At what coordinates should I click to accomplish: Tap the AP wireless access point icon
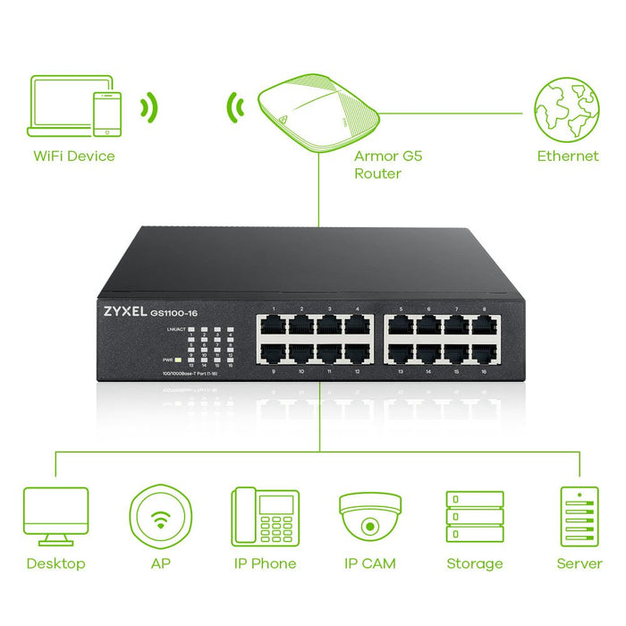pos(161,516)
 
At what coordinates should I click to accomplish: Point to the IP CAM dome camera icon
pos(369,514)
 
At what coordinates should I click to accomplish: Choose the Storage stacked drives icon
pos(474,516)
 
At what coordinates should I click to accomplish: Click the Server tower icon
pos(579,516)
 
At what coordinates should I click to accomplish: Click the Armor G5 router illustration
pos(317,112)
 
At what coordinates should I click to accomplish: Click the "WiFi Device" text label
pos(74,156)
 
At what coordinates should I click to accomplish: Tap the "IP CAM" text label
pos(369,564)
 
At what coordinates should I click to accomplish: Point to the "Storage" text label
pos(474,564)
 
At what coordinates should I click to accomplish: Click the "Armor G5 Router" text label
pos(387,165)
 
